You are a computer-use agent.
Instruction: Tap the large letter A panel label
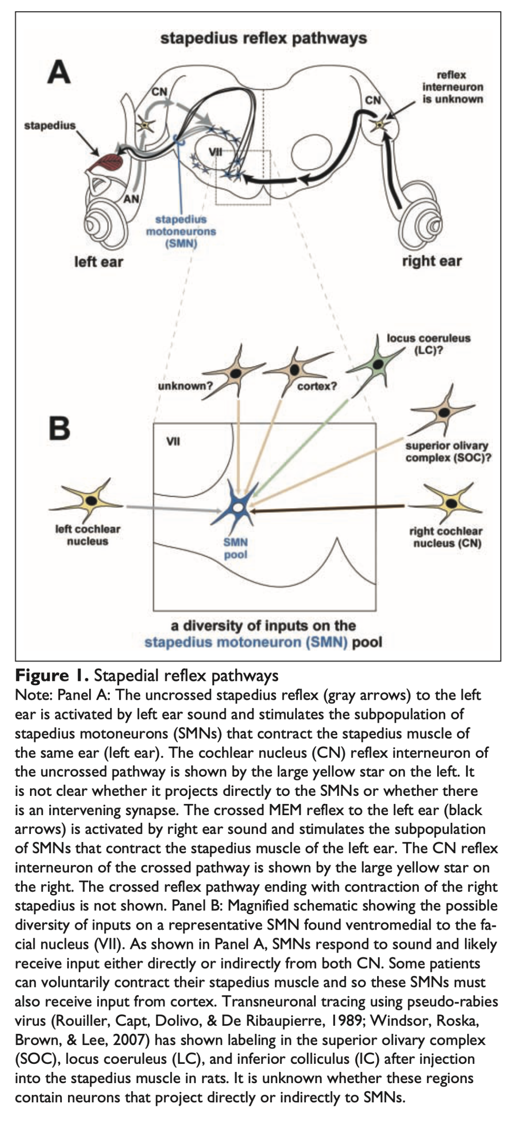pos(59,73)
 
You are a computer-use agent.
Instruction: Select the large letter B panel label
pos(60,428)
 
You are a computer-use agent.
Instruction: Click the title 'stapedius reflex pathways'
pos(264,38)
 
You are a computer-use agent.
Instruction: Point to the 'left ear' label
pos(99,261)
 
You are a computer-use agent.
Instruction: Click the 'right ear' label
pos(432,261)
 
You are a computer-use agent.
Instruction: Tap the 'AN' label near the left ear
pos(131,199)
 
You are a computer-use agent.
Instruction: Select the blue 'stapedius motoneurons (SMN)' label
pos(181,231)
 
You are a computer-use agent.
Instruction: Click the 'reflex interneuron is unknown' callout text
pos(452,87)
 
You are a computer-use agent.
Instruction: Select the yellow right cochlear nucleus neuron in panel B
pos(452,503)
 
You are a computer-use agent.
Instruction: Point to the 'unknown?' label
pos(185,386)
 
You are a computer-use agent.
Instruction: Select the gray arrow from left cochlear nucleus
pos(174,508)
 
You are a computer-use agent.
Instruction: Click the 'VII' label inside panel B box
pos(174,441)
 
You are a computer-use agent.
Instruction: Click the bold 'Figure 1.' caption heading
pos(52,675)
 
